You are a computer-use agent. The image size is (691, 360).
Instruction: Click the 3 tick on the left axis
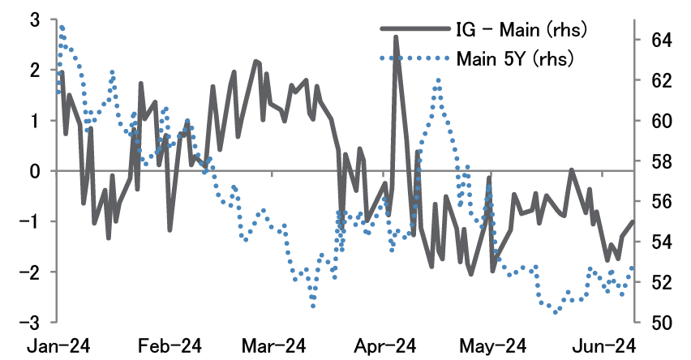coord(35,19)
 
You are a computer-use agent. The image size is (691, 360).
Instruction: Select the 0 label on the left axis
coord(35,171)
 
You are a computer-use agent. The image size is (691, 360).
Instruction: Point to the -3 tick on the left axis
coord(31,322)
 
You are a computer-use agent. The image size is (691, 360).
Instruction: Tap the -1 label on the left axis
coord(31,221)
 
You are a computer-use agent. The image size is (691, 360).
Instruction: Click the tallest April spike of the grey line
coord(396,36)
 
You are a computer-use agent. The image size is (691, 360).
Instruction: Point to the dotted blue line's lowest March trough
coord(313,306)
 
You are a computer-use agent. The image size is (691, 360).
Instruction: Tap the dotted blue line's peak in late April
coord(438,80)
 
